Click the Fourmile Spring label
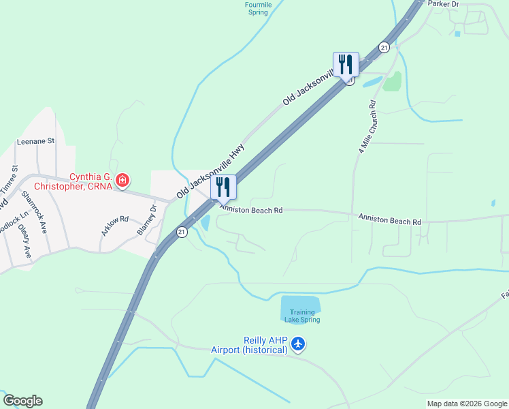[258, 8]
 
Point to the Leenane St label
[35, 142]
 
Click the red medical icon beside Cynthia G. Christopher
[122, 181]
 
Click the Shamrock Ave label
[33, 211]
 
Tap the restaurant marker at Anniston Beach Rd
[223, 187]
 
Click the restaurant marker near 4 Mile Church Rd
[346, 65]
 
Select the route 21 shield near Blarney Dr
[182, 232]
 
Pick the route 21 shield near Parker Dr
[384, 47]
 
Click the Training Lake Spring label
[300, 316]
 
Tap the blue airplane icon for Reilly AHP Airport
[298, 345]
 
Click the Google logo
[22, 401]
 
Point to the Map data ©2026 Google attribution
[466, 404]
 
